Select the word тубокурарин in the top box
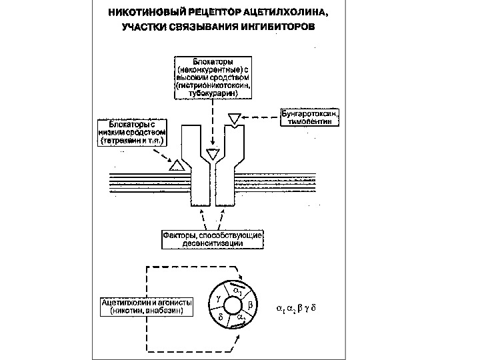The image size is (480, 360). pos(211,94)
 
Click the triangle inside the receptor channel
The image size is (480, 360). pos(213,154)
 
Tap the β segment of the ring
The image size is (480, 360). pos(250,305)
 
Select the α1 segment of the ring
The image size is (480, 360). pos(237,291)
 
